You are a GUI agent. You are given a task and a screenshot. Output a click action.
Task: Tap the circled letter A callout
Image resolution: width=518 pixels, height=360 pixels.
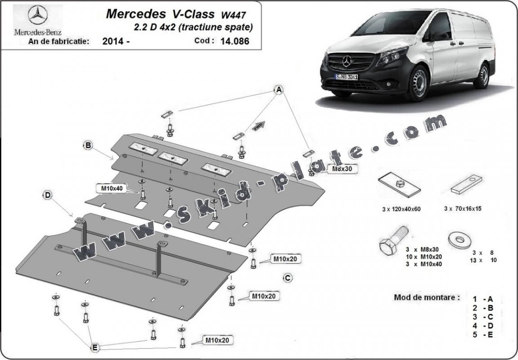click(279, 90)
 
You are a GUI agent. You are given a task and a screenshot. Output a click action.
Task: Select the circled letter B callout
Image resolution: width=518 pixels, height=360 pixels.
click(88, 145)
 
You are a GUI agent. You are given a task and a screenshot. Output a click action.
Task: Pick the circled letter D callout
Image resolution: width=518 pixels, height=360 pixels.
click(48, 195)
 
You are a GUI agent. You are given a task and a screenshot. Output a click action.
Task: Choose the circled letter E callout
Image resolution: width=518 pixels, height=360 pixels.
click(95, 347)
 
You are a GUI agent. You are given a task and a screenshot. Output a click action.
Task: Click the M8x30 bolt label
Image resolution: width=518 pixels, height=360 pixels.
click(342, 169)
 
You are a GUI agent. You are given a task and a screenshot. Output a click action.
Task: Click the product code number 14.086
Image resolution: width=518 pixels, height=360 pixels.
click(235, 41)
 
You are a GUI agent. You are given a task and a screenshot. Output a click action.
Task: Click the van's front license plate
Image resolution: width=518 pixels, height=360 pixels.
click(347, 77)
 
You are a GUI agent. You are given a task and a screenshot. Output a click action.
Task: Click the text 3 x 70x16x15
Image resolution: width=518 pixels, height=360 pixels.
click(462, 209)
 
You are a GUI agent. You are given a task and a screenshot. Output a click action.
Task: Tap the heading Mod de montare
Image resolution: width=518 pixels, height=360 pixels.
click(427, 297)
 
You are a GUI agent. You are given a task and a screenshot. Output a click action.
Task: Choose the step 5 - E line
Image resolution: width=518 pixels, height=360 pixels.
click(483, 334)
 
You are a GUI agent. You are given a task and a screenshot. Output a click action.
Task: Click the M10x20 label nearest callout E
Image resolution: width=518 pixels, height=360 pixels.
click(217, 340)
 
